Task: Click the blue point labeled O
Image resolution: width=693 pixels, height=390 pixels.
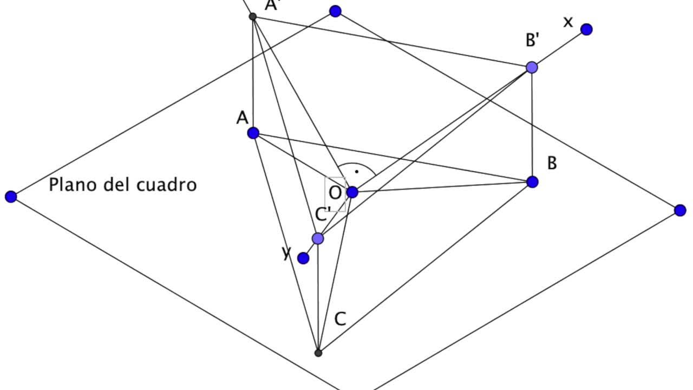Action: click(x=352, y=192)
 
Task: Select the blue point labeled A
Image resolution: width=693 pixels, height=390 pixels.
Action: click(x=253, y=133)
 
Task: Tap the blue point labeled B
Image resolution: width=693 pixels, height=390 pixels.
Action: click(x=532, y=182)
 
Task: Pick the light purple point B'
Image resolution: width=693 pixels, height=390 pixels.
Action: click(x=532, y=67)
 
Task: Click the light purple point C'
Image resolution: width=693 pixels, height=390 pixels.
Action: click(x=318, y=238)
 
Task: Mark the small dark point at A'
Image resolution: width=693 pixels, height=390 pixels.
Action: click(x=252, y=17)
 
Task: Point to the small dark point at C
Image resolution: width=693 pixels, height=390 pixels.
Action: click(x=318, y=353)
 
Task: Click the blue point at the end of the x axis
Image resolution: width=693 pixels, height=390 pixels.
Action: click(x=586, y=29)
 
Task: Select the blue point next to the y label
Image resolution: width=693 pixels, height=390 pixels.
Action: click(x=303, y=258)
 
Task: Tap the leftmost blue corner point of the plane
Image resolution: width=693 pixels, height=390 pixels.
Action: click(x=11, y=197)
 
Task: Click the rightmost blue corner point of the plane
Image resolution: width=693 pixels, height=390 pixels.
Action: click(x=680, y=210)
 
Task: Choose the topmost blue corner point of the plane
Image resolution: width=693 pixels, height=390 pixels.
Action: click(x=335, y=11)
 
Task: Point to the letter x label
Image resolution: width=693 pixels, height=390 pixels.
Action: click(x=568, y=22)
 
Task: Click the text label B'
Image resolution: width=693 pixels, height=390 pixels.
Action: click(x=533, y=40)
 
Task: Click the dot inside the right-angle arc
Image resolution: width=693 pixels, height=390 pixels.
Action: click(x=357, y=172)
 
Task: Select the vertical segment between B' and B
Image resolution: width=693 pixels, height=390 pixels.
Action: click(x=532, y=125)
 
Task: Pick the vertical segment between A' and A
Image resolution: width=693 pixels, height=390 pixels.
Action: click(x=253, y=75)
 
